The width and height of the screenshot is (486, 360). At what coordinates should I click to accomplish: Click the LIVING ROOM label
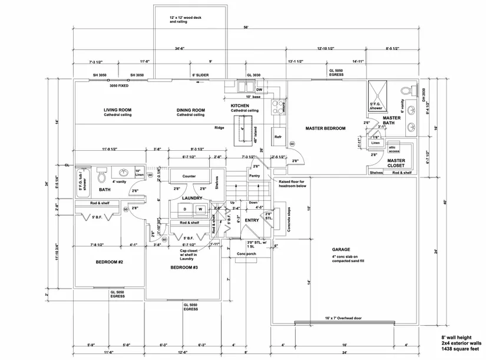pyautogui.click(x=117, y=110)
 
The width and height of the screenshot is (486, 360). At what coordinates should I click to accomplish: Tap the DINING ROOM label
pyautogui.click(x=190, y=110)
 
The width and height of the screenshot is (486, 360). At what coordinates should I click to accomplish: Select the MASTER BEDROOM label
pyautogui.click(x=325, y=128)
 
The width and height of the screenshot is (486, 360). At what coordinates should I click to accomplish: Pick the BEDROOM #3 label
pyautogui.click(x=184, y=267)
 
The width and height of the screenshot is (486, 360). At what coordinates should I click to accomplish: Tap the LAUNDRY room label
pyautogui.click(x=192, y=198)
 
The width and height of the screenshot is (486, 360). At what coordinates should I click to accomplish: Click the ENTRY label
pyautogui.click(x=252, y=220)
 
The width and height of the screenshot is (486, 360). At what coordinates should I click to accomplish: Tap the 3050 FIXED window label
pyautogui.click(x=119, y=86)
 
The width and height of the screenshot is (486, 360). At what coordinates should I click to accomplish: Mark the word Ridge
pyautogui.click(x=219, y=127)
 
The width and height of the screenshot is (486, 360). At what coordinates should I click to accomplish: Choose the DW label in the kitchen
pyautogui.click(x=259, y=90)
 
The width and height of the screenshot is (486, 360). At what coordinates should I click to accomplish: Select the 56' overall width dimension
pyautogui.click(x=245, y=28)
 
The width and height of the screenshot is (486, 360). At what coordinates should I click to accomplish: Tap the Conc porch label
pyautogui.click(x=247, y=254)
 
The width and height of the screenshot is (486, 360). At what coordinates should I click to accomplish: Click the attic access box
pyautogui.click(x=394, y=148)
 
